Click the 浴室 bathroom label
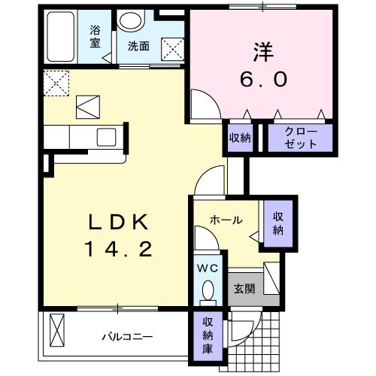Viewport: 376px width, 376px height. pyautogui.click(x=96, y=37)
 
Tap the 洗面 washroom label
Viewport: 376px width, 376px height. pyautogui.click(x=138, y=46)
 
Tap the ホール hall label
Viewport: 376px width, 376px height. pyautogui.click(x=226, y=220)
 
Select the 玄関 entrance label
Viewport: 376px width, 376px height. pyautogui.click(x=244, y=287)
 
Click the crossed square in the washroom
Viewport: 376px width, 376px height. pyautogui.click(x=174, y=50)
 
